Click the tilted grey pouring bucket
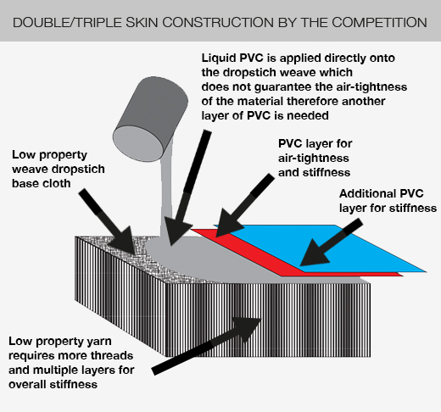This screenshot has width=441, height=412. tap(150, 119)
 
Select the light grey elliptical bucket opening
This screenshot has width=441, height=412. tap(138, 143)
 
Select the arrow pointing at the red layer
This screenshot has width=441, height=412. tap(244, 205)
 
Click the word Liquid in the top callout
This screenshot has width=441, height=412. tap(219, 58)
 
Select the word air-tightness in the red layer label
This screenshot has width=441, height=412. tap(314, 159)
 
